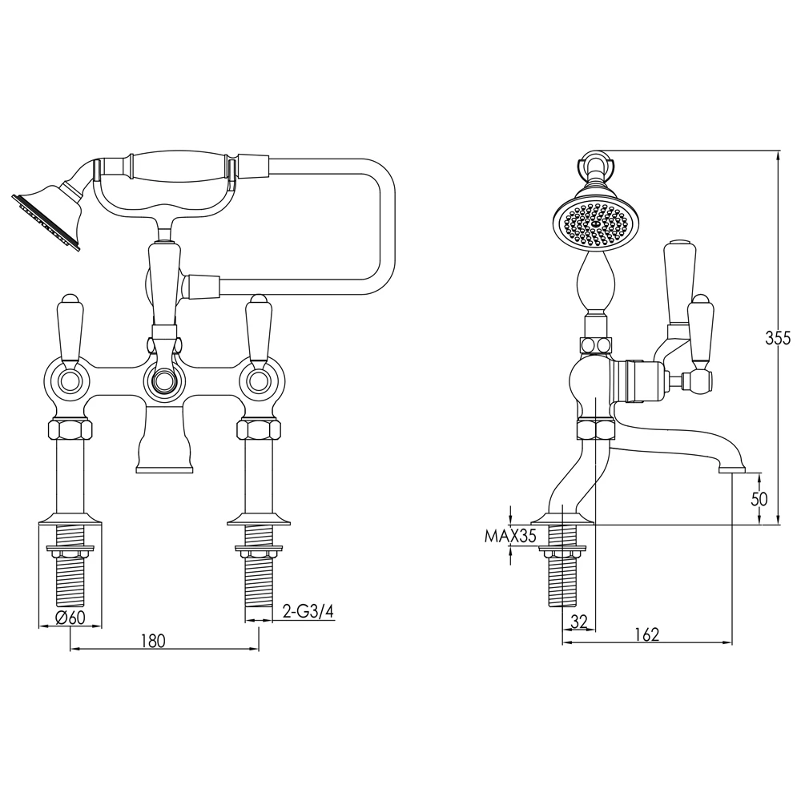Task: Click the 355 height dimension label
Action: tap(778, 338)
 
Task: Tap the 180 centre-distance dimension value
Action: tap(153, 640)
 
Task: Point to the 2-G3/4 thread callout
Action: tap(308, 611)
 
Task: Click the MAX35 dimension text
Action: tap(509, 536)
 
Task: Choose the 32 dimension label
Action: tap(578, 622)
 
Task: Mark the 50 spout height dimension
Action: tap(759, 498)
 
